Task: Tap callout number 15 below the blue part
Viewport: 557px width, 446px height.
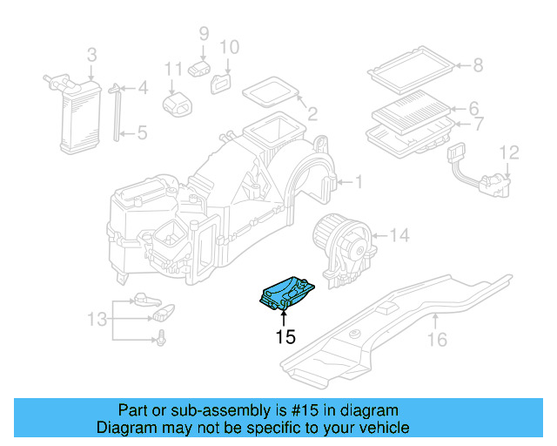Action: (x=285, y=336)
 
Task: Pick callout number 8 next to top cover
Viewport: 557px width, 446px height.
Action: (x=477, y=64)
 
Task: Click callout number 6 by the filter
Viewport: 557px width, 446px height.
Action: (x=474, y=109)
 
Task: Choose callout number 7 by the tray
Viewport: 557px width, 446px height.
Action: (x=476, y=125)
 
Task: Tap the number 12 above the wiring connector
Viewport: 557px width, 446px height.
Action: (x=508, y=153)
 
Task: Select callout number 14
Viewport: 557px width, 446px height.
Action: (x=398, y=235)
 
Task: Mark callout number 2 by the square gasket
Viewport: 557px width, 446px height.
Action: (x=311, y=113)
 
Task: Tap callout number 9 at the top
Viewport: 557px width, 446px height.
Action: (x=204, y=34)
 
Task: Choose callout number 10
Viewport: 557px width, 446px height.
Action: (x=228, y=47)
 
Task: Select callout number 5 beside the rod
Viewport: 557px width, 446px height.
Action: (x=143, y=133)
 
